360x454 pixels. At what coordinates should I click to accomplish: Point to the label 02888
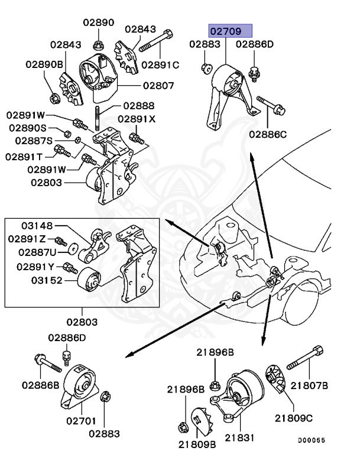139,106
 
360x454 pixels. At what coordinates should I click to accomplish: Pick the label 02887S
34,141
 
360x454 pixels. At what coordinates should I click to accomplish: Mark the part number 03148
37,226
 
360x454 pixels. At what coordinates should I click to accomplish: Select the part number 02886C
267,134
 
